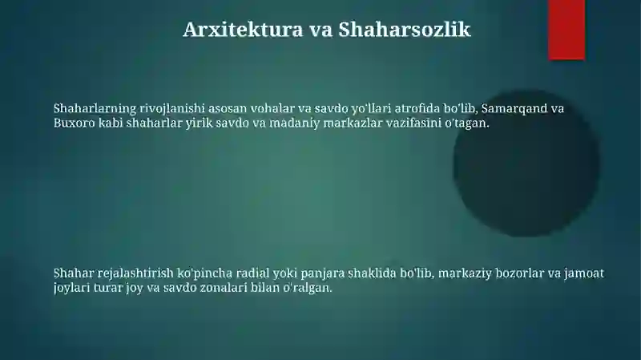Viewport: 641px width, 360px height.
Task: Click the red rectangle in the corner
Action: click(x=566, y=29)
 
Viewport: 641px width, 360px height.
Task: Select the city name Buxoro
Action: click(x=74, y=124)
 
